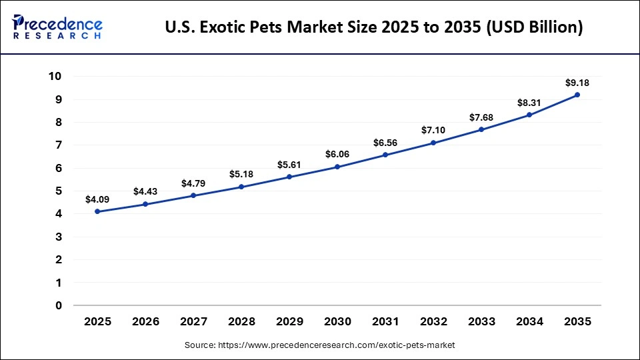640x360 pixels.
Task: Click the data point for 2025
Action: click(x=97, y=211)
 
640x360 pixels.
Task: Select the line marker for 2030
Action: click(x=337, y=167)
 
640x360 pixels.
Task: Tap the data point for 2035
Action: click(x=577, y=95)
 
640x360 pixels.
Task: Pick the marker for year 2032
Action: click(x=433, y=143)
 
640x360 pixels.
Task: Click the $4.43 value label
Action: click(x=145, y=191)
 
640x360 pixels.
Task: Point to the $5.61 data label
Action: click(x=289, y=165)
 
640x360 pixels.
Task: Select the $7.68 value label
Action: click(x=481, y=117)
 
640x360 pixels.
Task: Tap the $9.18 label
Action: click(x=577, y=83)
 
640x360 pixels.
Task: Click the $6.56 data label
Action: click(x=385, y=143)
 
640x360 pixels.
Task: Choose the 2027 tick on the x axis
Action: click(x=193, y=321)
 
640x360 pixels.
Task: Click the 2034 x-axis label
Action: click(x=529, y=321)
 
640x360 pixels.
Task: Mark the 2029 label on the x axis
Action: click(x=289, y=321)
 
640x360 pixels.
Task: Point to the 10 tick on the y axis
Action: click(x=55, y=77)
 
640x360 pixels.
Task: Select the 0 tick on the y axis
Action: click(x=59, y=305)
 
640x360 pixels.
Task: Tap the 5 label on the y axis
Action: click(x=59, y=191)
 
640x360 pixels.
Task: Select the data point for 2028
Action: click(x=241, y=187)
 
